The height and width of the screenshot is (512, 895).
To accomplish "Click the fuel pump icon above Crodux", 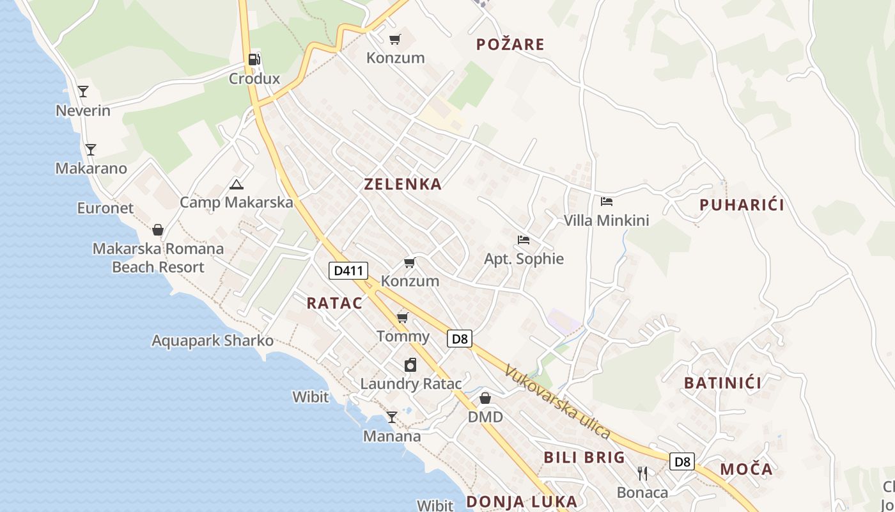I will (x=254, y=60).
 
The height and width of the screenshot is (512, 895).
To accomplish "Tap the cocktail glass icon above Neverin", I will (x=82, y=91).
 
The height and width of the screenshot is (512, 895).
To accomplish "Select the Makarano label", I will (x=91, y=168).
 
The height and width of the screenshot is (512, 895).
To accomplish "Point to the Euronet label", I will (x=105, y=208).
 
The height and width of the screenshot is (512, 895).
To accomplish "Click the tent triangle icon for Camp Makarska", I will (x=236, y=185).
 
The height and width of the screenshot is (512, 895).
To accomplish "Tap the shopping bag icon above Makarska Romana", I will (x=158, y=230).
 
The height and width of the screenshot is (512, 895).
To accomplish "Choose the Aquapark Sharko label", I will (x=212, y=340).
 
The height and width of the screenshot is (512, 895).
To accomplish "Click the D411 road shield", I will (x=348, y=271).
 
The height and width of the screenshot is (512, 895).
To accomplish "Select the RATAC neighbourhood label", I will (x=334, y=303).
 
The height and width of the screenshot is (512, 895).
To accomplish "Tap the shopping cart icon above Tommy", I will (x=402, y=318).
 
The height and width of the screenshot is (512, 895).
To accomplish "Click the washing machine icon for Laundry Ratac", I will (x=410, y=365).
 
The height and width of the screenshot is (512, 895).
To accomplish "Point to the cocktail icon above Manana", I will (x=391, y=417).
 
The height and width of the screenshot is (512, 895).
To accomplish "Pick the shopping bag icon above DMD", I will (x=485, y=398).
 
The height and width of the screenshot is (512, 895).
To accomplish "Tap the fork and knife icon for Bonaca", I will (x=642, y=474).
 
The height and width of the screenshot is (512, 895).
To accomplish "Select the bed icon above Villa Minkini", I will (x=606, y=202).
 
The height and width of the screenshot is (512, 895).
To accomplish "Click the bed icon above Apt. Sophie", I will (x=524, y=240).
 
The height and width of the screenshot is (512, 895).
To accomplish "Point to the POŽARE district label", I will (x=510, y=44).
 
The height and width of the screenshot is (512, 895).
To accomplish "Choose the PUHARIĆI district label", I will (x=742, y=205).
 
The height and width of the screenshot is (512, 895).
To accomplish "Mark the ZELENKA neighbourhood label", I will (x=403, y=184).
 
